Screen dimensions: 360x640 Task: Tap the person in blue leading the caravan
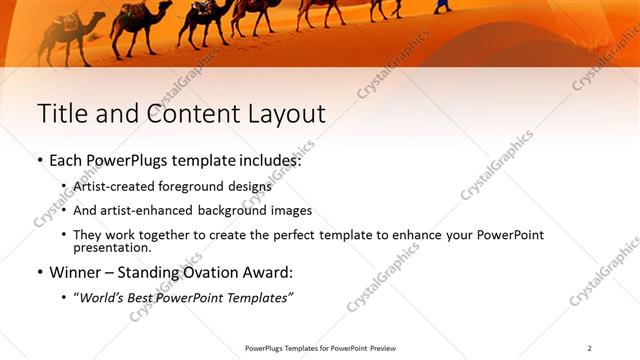[441, 6]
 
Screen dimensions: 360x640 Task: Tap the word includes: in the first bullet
[267, 160]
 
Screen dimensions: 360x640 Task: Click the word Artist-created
[113, 186]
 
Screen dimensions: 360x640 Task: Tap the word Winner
[76, 272]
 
